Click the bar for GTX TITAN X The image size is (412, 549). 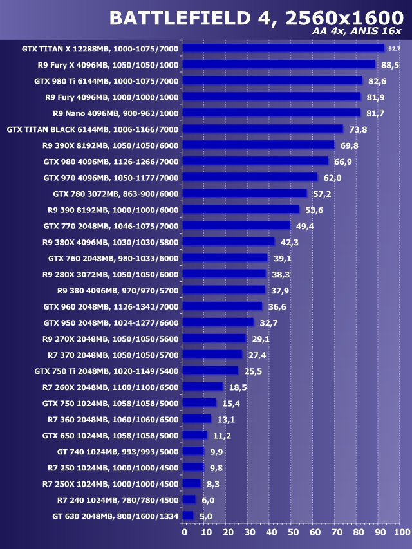pos(283,48)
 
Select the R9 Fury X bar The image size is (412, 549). pos(279,64)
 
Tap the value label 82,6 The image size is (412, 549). pos(377,80)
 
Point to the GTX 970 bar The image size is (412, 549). pos(250,177)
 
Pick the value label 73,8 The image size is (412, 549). pos(358,129)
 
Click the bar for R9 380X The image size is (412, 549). pos(229,241)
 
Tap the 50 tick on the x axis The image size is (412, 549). pos(292,532)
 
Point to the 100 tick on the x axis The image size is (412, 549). pos(400,532)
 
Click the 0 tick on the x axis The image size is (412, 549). pos(184,532)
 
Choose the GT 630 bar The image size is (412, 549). pos(188,516)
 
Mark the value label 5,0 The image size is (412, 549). pos(205,516)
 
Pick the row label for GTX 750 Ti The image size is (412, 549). pos(106,371)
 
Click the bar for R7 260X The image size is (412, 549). pos(203,387)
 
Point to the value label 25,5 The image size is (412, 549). pos(252,371)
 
